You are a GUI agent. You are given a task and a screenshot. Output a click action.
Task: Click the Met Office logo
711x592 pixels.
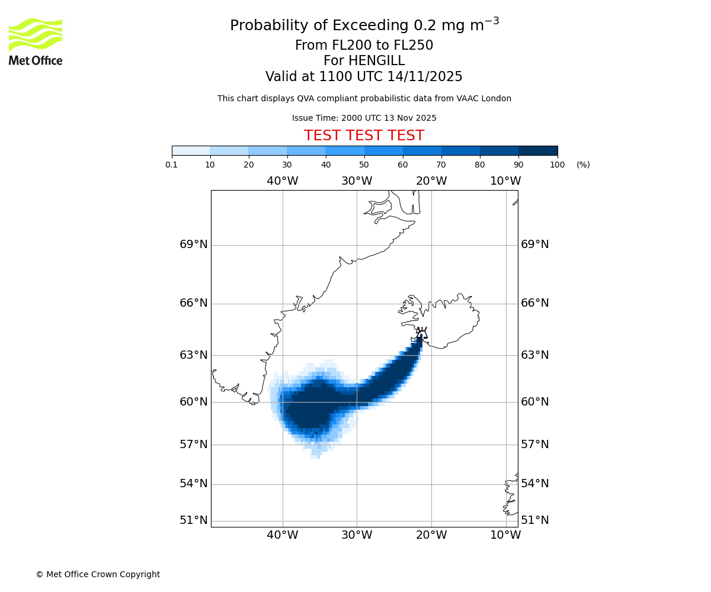coord(36,41)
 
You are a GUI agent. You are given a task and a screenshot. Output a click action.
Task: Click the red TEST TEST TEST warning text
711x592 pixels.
coord(364,136)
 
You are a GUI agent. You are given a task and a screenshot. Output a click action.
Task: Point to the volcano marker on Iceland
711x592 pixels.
coord(421,333)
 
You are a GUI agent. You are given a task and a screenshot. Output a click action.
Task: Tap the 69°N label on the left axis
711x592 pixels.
coord(194,244)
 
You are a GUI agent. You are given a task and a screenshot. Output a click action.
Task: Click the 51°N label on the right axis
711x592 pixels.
coord(534,520)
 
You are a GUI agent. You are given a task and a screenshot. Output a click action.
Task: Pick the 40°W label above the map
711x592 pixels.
coord(282,181)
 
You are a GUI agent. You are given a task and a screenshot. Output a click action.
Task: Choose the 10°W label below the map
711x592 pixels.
coord(505,535)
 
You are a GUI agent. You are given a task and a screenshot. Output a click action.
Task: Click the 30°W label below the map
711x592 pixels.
coord(357,535)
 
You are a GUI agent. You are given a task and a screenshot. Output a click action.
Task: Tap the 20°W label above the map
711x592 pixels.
coord(431,181)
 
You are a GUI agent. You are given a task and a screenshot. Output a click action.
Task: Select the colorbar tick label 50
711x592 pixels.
coord(364,165)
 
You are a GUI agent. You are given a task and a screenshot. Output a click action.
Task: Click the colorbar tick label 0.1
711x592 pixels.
coord(172,165)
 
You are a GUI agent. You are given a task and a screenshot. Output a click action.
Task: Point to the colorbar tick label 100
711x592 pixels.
coord(557,165)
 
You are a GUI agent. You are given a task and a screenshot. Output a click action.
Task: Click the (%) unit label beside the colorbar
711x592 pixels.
coord(583,165)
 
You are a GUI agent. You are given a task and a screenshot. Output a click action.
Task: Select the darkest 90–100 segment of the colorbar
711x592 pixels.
coord(538,150)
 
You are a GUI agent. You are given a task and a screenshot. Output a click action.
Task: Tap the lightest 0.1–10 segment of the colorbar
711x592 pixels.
coord(191,150)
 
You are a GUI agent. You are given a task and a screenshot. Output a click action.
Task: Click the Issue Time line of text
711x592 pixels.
coord(364,118)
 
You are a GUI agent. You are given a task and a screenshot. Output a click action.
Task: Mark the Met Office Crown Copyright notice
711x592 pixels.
coord(98,574)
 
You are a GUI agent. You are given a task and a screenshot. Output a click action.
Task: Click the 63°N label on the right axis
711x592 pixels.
coord(534,355)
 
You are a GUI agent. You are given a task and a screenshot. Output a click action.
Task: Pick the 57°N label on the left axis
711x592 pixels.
coord(194,445)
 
